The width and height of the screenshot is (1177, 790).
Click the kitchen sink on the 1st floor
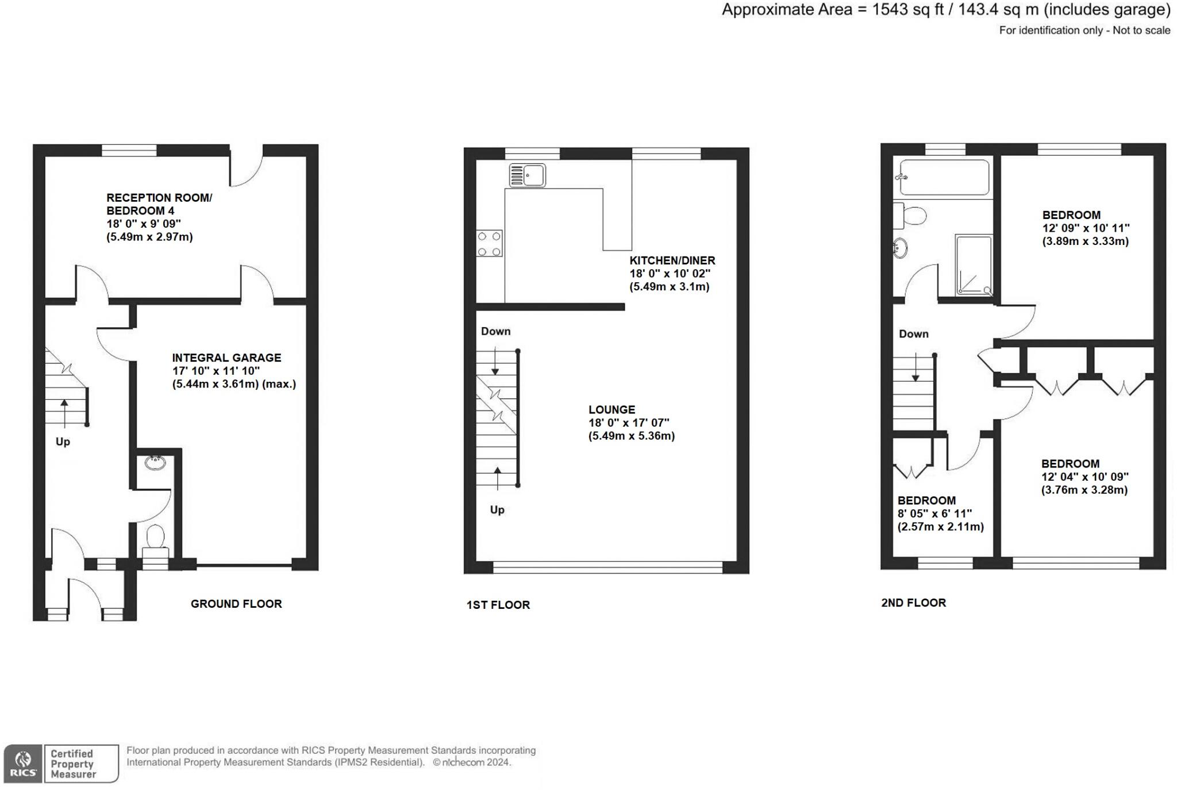527,175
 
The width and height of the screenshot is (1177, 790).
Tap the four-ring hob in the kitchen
489,243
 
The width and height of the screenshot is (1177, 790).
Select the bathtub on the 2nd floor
944,177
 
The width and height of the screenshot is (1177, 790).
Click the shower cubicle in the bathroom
974,265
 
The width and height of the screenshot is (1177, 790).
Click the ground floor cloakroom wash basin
155,462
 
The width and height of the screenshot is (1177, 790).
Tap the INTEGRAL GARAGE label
226,358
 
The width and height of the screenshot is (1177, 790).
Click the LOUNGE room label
611,410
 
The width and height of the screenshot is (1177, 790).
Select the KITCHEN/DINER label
672,260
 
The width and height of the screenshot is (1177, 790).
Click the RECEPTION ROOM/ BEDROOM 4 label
159,204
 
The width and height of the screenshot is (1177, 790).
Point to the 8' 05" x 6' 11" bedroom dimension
934,513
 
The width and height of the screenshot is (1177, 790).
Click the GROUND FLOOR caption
236,604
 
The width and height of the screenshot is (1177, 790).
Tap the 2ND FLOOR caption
913,603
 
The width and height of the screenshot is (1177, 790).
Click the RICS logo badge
23,764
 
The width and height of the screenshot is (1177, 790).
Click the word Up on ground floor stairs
63,442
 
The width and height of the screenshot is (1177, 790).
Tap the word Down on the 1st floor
495,331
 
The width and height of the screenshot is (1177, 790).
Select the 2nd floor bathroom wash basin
900,248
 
